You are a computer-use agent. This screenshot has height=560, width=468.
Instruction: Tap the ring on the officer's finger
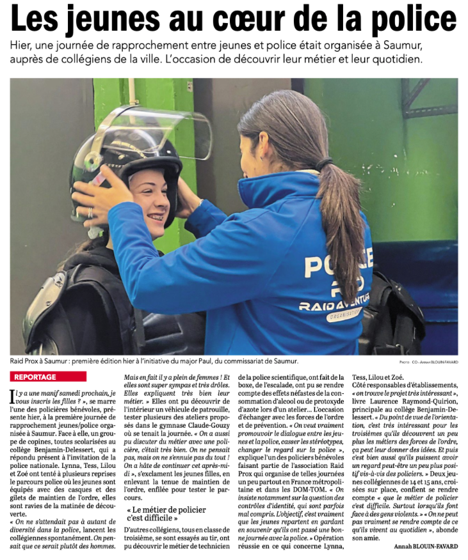[90, 212]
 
